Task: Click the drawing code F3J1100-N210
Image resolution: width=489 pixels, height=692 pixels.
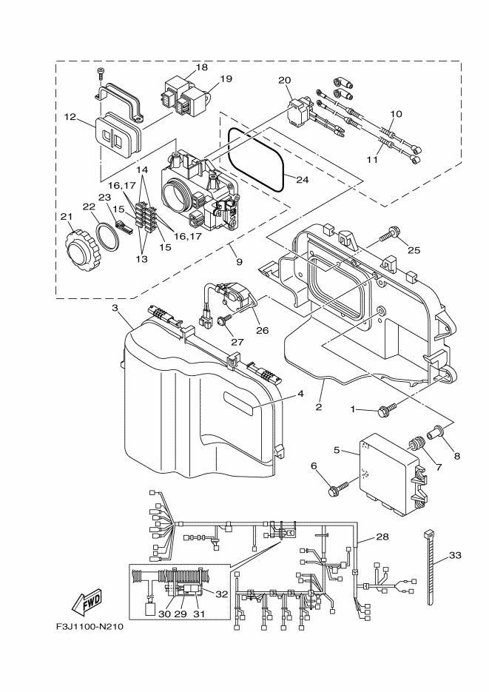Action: (x=89, y=626)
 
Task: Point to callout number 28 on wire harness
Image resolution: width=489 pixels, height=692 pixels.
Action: (x=382, y=536)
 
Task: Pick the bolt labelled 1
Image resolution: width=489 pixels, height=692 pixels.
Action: (x=385, y=407)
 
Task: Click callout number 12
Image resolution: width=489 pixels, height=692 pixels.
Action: (x=70, y=117)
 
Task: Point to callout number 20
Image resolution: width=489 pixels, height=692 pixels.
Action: (x=285, y=79)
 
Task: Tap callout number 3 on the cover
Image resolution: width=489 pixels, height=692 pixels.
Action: (x=115, y=306)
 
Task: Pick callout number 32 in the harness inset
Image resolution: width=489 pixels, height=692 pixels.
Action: (x=220, y=594)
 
